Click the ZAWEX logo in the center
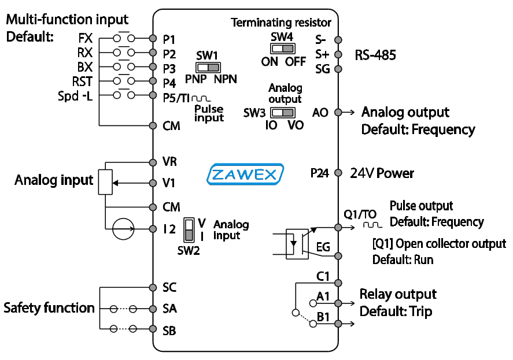[245, 174]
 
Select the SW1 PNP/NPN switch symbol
[206, 67]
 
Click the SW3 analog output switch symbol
[282, 112]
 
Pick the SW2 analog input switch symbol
[189, 230]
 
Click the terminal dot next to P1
[153, 39]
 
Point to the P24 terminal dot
[338, 173]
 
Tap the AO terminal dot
[338, 112]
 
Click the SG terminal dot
[338, 69]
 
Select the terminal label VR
[170, 162]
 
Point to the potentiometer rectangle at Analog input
[105, 182]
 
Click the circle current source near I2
[123, 229]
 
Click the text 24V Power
[382, 173]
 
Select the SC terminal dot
[153, 287]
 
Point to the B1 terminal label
[323, 317]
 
